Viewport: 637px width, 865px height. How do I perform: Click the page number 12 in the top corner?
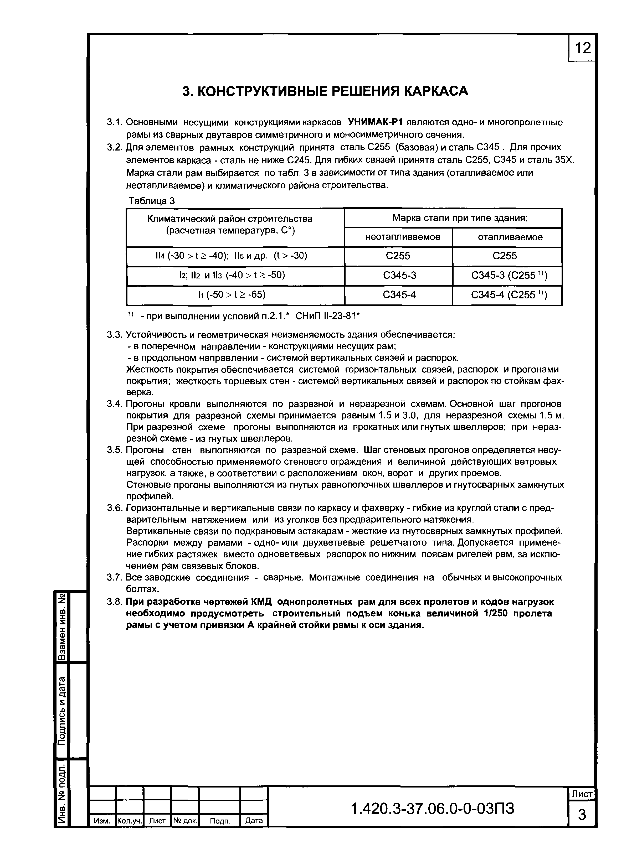point(582,48)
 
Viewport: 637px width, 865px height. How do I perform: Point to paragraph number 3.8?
point(115,602)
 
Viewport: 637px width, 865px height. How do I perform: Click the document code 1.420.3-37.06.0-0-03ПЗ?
point(432,808)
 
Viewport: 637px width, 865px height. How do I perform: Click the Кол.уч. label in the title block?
point(130,821)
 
